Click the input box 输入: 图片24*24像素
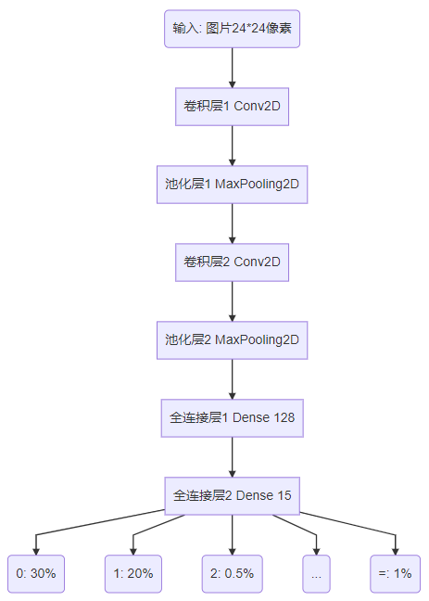click(x=232, y=29)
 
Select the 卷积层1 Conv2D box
click(x=232, y=106)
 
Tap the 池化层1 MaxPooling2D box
click(x=232, y=184)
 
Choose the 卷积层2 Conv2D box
click(x=232, y=262)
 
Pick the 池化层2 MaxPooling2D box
click(x=232, y=339)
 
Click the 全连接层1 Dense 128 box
click(x=232, y=417)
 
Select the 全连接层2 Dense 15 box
click(x=232, y=495)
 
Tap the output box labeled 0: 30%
click(x=36, y=573)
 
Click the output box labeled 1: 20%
click(x=133, y=573)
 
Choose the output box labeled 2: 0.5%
click(x=233, y=573)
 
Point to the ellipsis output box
click(x=316, y=573)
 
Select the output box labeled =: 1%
click(x=396, y=573)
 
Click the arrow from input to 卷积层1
click(x=232, y=67)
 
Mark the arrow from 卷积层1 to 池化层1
click(x=232, y=145)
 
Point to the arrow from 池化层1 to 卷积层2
click(x=232, y=223)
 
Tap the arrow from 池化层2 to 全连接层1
click(x=232, y=378)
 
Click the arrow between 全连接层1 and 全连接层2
click(x=232, y=456)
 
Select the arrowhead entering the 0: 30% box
click(x=36, y=548)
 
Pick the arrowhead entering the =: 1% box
click(x=396, y=548)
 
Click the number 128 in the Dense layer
click(x=284, y=418)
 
